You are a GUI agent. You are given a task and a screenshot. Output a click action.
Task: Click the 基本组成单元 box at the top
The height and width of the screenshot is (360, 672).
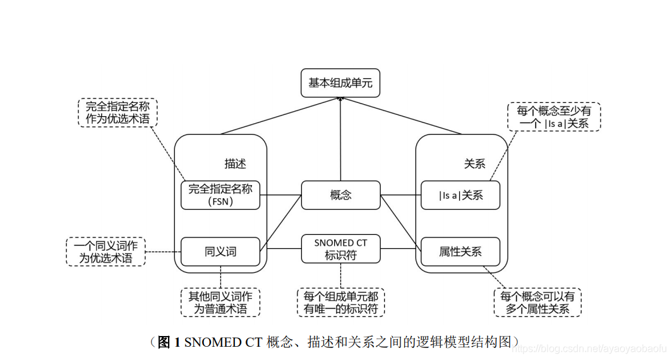(x=340, y=83)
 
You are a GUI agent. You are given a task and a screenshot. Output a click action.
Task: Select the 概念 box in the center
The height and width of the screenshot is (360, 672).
(x=340, y=195)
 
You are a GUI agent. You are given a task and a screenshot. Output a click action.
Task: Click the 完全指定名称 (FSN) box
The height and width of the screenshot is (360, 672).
(x=220, y=195)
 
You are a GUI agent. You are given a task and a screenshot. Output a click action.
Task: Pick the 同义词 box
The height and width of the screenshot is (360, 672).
(x=220, y=251)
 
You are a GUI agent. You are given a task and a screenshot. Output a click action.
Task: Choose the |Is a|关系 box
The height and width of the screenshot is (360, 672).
(x=460, y=195)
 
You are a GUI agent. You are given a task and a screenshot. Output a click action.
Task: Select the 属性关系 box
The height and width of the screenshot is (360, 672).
(x=460, y=251)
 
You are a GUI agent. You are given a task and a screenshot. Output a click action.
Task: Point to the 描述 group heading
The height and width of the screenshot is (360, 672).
(x=235, y=164)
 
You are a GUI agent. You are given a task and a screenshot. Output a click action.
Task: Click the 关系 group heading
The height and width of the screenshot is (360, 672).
(x=474, y=164)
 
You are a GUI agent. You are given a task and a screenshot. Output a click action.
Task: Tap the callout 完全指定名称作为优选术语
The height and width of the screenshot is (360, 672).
(x=117, y=112)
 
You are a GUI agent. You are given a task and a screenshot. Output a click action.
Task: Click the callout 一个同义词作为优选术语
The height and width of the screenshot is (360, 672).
(x=105, y=251)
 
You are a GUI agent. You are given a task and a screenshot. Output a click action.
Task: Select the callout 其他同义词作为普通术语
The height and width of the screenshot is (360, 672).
(x=220, y=303)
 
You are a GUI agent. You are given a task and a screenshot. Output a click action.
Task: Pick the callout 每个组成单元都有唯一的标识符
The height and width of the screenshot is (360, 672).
(x=340, y=303)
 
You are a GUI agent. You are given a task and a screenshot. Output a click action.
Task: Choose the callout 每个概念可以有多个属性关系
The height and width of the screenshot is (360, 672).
(x=537, y=303)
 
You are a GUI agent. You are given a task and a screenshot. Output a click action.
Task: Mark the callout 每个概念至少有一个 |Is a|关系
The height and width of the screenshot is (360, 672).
(x=554, y=117)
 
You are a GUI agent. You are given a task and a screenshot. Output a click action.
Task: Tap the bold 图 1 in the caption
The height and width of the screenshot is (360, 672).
(x=169, y=342)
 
